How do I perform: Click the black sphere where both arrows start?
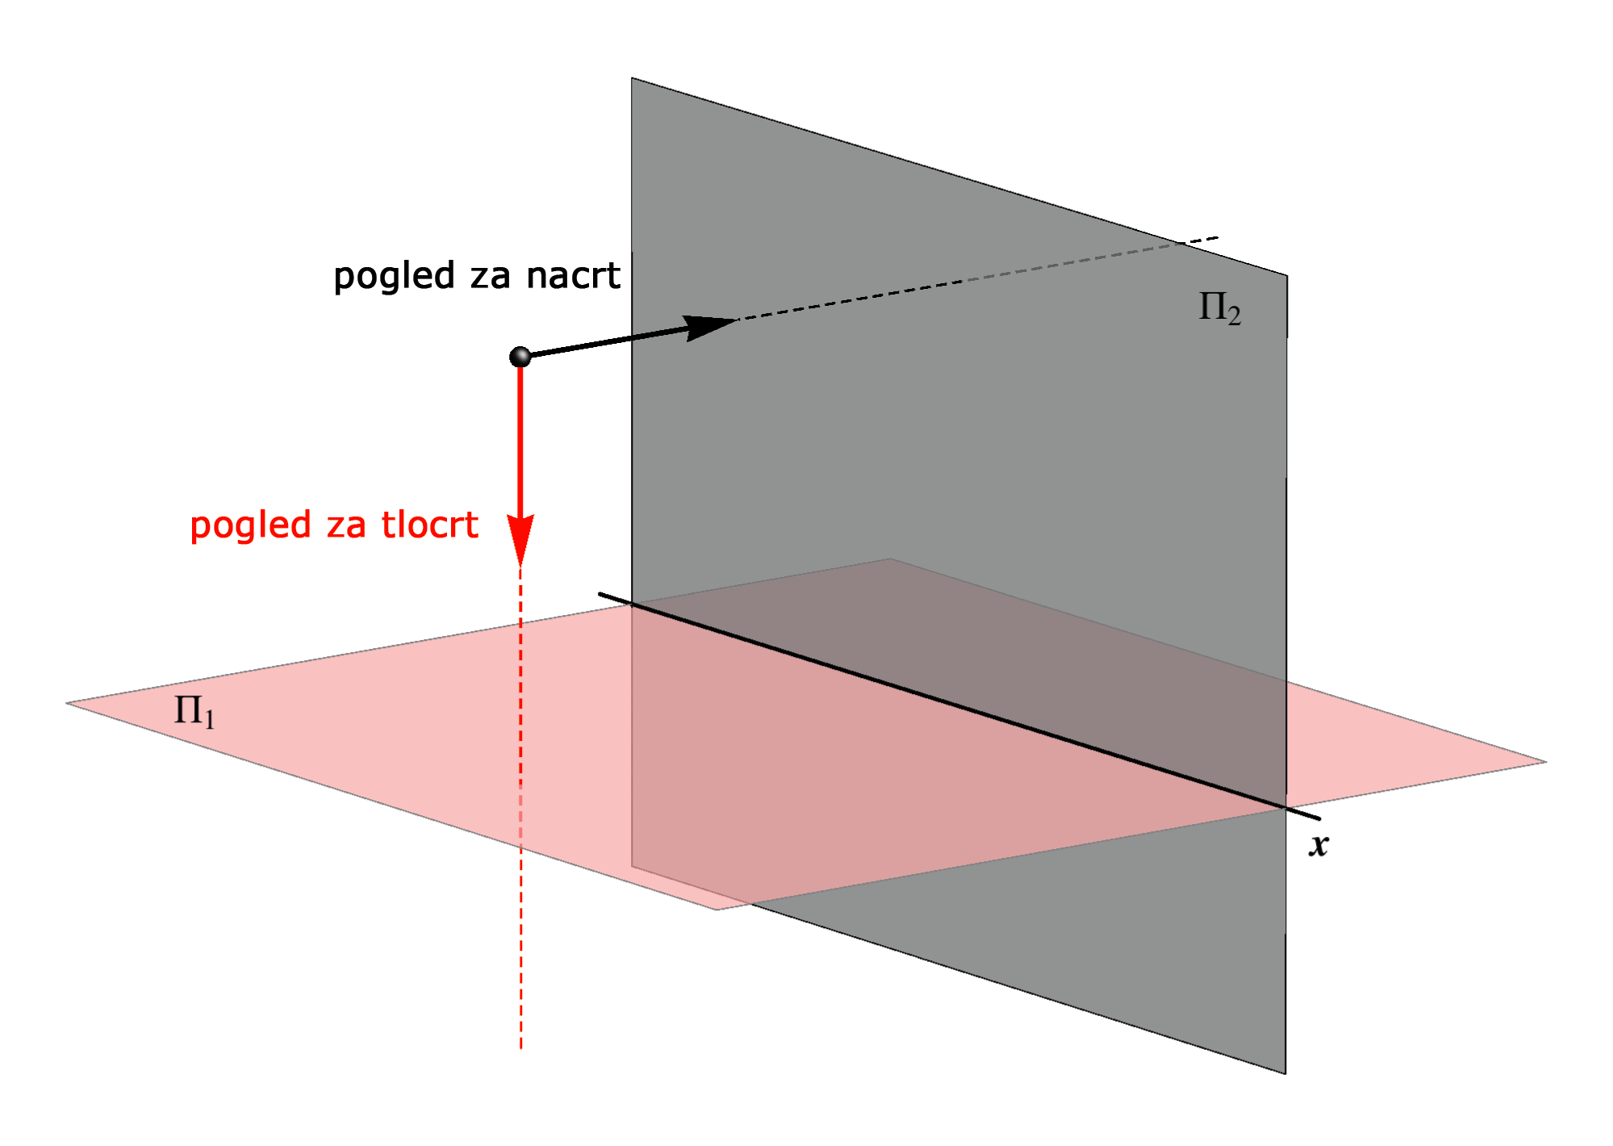(520, 356)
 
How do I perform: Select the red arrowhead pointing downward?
(520, 539)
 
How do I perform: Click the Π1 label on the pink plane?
(194, 711)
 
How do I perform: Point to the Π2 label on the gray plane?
(1219, 308)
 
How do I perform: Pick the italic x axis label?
(1318, 845)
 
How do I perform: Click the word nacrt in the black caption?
(573, 276)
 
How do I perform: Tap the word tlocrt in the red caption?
(430, 525)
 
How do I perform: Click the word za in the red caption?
(346, 526)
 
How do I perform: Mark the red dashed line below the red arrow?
(520, 807)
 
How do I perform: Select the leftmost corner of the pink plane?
(67, 703)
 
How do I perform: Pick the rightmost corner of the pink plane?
(1545, 761)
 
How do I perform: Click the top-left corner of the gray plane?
(632, 78)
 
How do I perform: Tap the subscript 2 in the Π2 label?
(1235, 316)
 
